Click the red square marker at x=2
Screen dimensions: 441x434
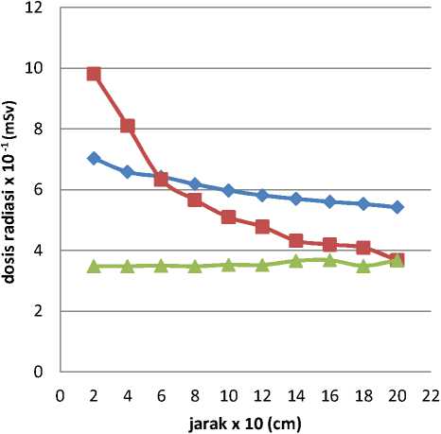[x=94, y=75]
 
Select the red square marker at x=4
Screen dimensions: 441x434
[x=128, y=126]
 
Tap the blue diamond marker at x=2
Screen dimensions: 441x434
[x=94, y=158]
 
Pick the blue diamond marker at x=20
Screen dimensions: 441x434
[x=397, y=207]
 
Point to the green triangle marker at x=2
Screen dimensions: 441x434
[x=94, y=267]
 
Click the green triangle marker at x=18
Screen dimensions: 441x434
[x=363, y=267]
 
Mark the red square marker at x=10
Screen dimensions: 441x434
[x=229, y=217]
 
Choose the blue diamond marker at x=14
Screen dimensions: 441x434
[x=296, y=199]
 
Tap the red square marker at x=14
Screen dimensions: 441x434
[x=296, y=241]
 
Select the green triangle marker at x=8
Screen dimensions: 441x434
[x=195, y=267]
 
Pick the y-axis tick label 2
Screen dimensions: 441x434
[x=38, y=311]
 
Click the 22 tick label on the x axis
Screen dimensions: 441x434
[x=431, y=395]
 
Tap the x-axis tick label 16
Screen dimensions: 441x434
[x=329, y=395]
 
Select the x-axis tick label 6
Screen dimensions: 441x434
[x=161, y=395]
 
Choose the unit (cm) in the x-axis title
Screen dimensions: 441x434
[x=284, y=424]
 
